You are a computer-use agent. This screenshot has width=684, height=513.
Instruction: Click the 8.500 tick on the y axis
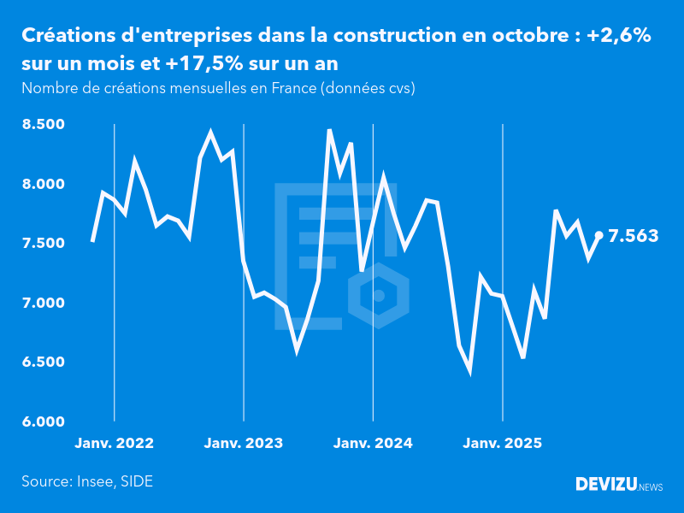44,125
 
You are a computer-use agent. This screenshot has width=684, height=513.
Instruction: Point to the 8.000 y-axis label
44,184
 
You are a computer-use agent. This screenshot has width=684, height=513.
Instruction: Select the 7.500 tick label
44,244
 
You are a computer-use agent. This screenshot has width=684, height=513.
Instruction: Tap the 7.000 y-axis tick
44,303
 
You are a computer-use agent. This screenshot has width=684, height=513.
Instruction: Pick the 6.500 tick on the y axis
44,363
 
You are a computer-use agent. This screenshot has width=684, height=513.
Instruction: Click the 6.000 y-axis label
44,422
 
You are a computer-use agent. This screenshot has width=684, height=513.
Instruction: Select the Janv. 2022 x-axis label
115,444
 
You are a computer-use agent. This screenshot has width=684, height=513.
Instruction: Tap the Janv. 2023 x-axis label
244,444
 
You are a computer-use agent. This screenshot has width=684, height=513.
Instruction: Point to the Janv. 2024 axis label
373,444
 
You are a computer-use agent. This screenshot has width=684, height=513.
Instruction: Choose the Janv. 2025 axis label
502,444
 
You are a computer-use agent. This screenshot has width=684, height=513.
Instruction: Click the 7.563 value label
634,236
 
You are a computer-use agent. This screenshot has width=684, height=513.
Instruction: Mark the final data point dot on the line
599,235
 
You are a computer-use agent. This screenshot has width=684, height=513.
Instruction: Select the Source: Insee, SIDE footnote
87,481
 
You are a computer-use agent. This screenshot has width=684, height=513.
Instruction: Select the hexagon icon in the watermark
379,296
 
